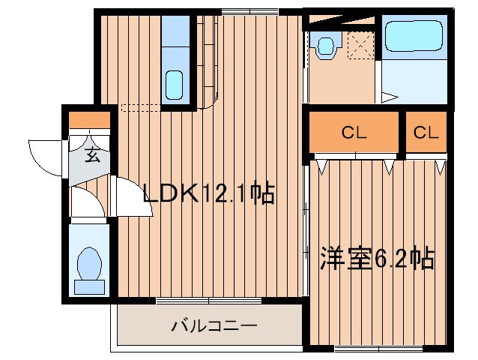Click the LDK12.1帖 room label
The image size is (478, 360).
209,194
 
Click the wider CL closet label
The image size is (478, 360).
354,133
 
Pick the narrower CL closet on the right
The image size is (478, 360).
426,133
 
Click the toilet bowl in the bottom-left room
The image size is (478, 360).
90,262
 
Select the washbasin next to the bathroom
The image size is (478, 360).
326,46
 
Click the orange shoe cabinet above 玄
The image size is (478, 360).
89,120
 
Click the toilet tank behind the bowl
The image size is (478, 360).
89,286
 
